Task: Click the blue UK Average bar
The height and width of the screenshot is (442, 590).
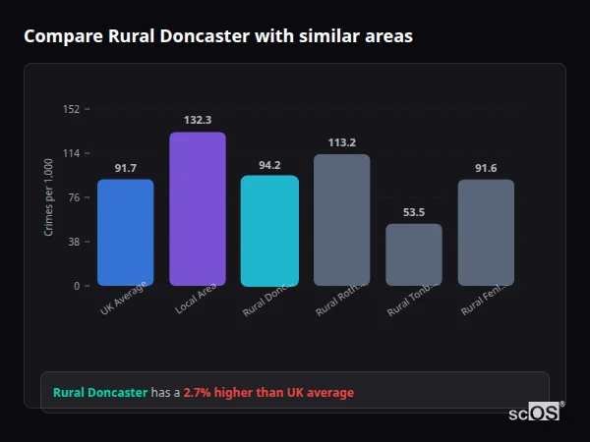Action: tap(125, 232)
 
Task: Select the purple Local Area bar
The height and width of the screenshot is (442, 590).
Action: tap(198, 208)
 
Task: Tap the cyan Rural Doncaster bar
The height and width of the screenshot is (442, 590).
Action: tap(269, 231)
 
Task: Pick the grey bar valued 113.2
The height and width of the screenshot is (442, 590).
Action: tap(342, 220)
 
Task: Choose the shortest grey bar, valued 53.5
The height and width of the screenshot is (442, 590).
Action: tap(414, 254)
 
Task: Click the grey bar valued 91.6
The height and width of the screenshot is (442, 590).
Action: tap(486, 232)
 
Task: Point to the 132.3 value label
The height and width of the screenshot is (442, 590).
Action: tap(198, 120)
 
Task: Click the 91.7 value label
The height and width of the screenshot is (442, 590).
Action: tap(125, 168)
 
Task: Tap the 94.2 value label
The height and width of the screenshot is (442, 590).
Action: tap(269, 165)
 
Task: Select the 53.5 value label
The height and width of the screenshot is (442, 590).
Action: tap(414, 212)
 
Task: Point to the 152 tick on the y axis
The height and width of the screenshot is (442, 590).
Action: tap(71, 109)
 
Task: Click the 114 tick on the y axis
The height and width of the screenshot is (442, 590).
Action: tap(71, 153)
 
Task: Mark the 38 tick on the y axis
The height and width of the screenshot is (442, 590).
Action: tap(73, 242)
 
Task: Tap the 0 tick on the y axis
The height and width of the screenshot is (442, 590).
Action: tap(76, 286)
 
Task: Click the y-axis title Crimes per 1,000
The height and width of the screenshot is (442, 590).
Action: tap(48, 197)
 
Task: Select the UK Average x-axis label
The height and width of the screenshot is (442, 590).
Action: tap(124, 298)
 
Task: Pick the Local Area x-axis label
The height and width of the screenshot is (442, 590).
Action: tap(197, 298)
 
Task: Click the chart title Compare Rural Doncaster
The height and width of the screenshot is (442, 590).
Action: tap(218, 36)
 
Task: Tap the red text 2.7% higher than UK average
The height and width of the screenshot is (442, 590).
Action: tap(268, 393)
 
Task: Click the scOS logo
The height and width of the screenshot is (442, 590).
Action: tap(534, 413)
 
